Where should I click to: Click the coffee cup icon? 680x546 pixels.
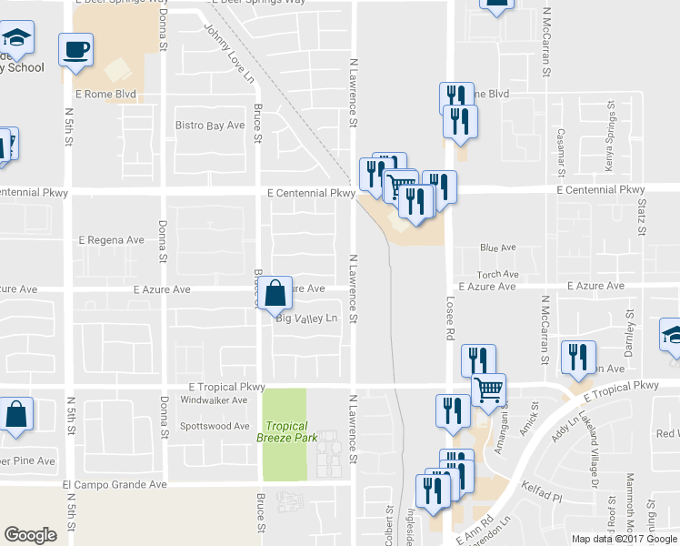[75, 49]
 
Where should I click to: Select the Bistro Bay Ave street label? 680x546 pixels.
[210, 125]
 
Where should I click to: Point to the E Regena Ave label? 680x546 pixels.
[111, 240]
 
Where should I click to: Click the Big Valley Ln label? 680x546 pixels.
[306, 318]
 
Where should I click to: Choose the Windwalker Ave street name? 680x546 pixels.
[214, 399]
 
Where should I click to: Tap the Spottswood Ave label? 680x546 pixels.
[215, 426]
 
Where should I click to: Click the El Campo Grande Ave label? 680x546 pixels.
[115, 486]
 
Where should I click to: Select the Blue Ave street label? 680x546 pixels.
[497, 248]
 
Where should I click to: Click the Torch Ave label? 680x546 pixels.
[498, 274]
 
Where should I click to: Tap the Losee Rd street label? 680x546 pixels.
[449, 316]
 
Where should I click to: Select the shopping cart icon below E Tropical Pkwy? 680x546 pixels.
[488, 390]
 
